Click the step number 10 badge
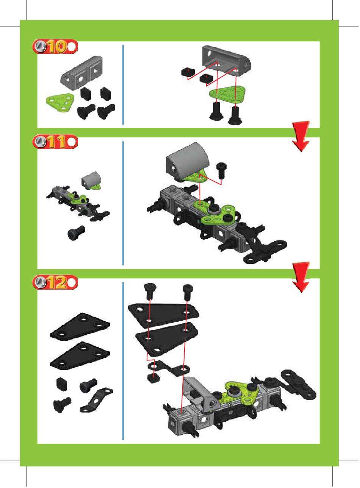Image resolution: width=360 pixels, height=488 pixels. (55, 47)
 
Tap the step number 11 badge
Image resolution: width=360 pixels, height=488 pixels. (55, 142)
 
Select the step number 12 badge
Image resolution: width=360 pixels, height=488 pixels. (55, 282)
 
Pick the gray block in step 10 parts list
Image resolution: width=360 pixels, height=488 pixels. (81, 73)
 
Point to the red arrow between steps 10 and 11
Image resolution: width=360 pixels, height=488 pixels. (301, 136)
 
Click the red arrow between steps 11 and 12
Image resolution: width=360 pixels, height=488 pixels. (301, 277)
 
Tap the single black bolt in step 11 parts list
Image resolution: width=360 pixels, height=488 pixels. (76, 232)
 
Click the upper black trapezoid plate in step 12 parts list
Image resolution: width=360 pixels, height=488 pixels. (80, 327)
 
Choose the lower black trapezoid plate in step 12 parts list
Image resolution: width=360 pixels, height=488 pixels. (80, 355)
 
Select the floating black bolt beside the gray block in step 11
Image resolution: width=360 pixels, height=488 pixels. (221, 170)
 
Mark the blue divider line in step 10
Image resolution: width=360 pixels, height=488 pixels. (123, 85)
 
